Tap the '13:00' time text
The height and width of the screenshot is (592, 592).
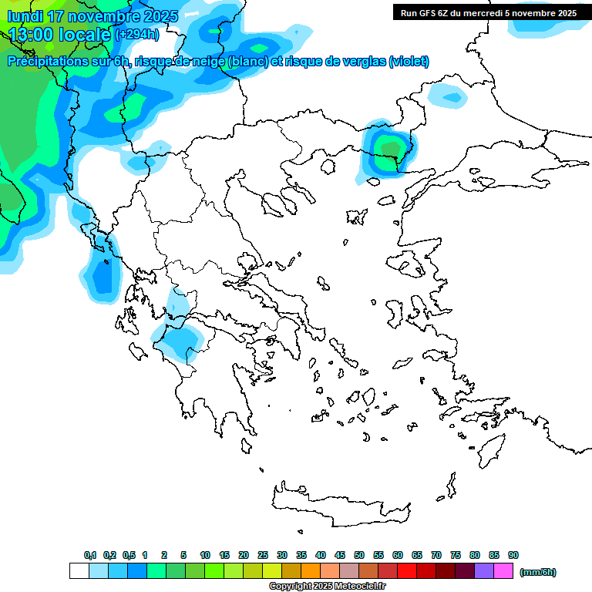31,35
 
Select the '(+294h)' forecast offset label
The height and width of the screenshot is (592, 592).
137,35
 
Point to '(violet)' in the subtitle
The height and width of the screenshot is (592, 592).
409,62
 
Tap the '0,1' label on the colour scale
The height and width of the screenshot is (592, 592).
90,555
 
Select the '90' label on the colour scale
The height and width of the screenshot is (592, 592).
513,555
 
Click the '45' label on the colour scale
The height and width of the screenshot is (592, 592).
340,555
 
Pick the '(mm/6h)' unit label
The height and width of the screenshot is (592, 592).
538,572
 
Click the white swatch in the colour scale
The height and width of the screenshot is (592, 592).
79,571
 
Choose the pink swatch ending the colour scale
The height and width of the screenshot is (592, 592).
503,571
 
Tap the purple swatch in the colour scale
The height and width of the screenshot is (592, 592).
484,571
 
